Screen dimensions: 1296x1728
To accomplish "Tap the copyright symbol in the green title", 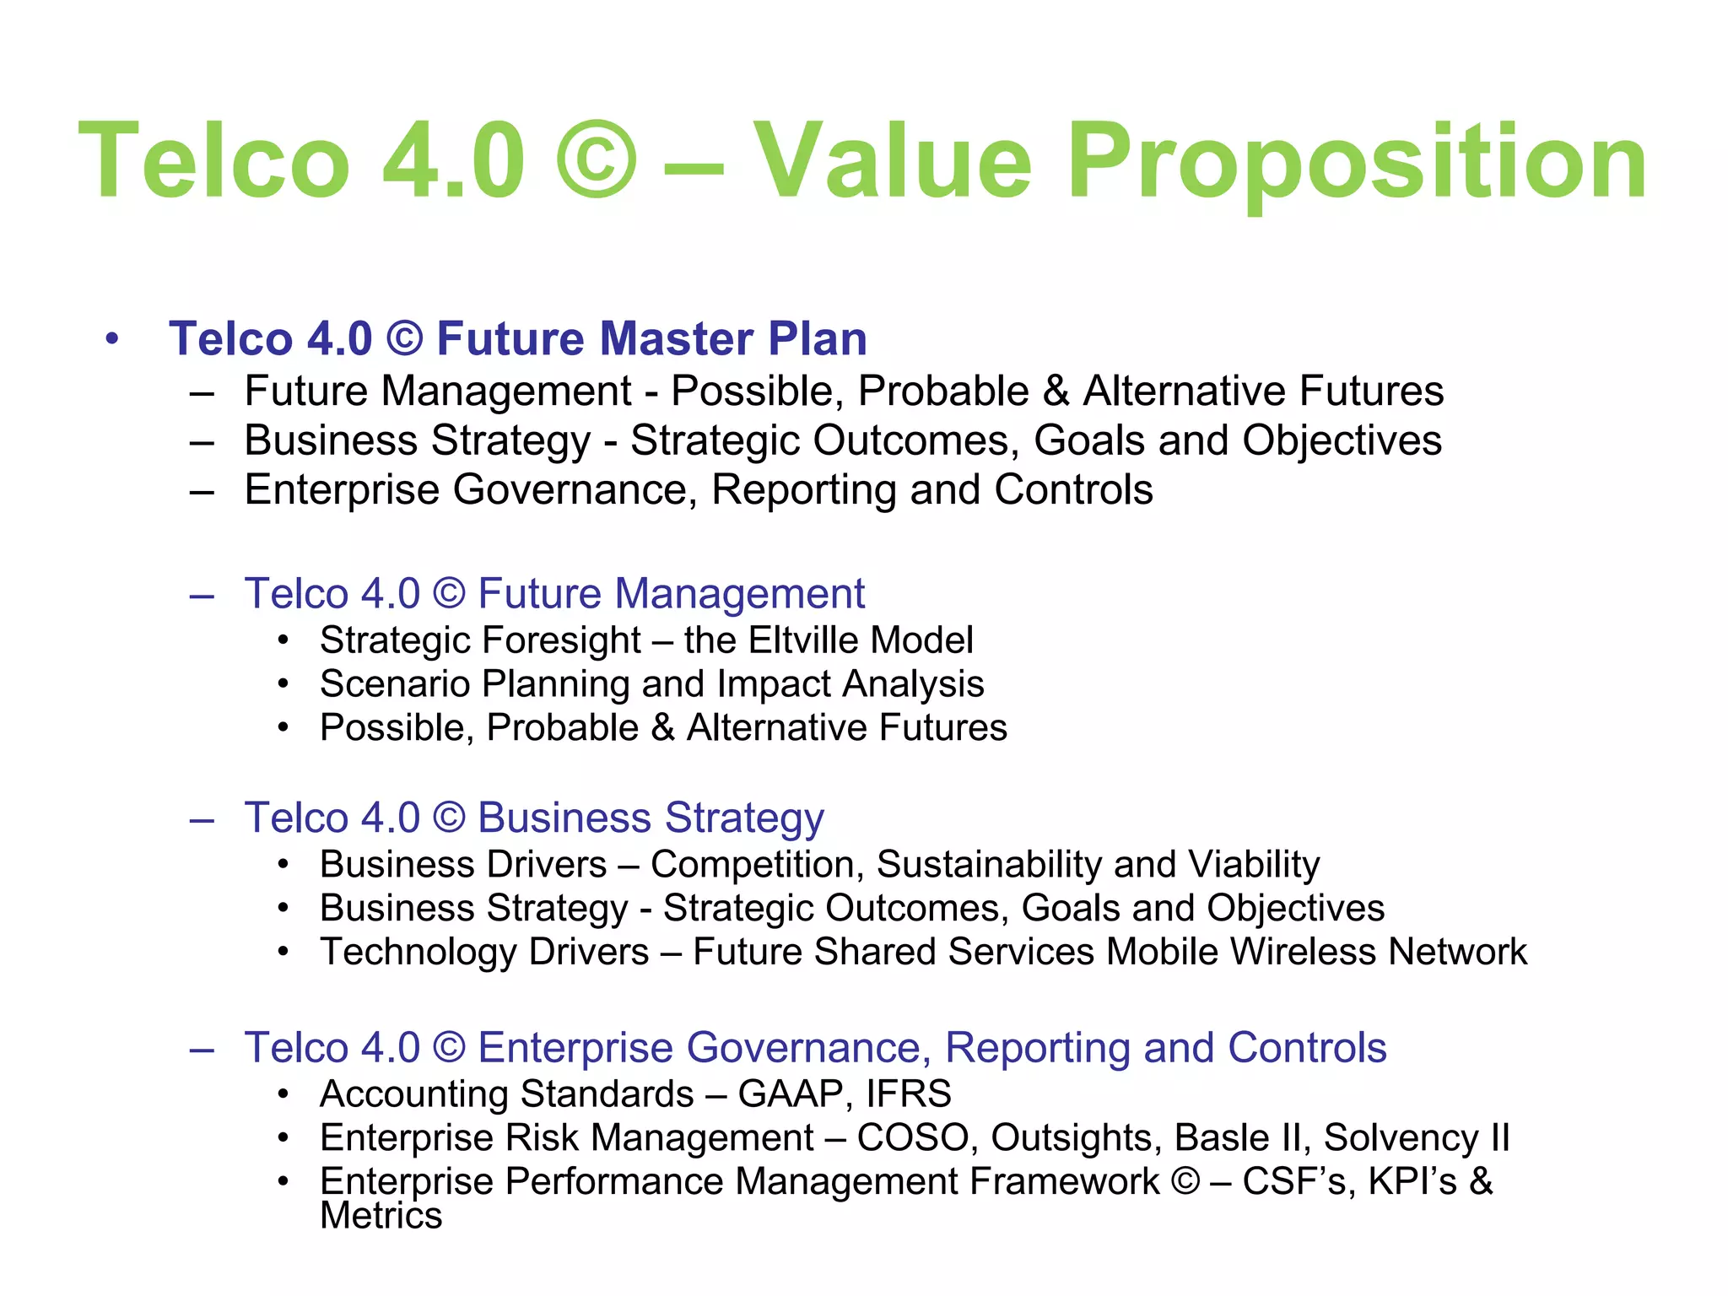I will click(x=596, y=160).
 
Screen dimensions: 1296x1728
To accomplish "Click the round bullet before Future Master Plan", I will click(x=112, y=339).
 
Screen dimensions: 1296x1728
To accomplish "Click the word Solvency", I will click(x=1401, y=1137).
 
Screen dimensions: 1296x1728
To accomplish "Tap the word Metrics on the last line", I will click(x=381, y=1216).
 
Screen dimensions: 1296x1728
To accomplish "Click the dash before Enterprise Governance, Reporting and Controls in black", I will click(x=202, y=490).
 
